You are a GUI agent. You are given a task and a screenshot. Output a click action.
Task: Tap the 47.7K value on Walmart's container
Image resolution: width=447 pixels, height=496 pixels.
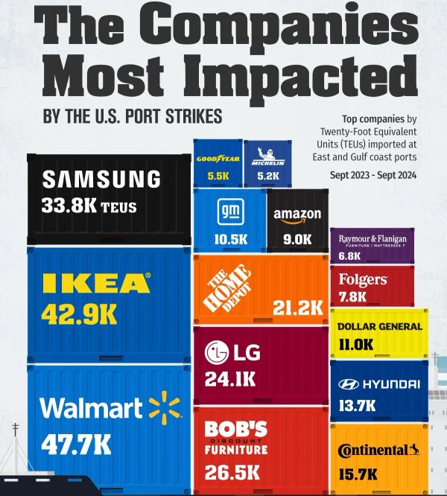coord(76,445)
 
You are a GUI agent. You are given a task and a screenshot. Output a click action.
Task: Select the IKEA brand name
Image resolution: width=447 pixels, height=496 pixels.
coord(97,283)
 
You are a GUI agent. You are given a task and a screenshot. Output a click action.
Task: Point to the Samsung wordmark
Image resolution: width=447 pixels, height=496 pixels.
coord(101,179)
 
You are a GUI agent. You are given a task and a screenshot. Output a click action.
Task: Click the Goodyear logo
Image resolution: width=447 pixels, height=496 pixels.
coord(217,159)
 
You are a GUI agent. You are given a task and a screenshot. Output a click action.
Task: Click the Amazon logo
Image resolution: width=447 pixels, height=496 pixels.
coord(297,215)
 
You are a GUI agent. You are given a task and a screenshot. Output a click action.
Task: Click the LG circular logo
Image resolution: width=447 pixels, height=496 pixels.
coord(217,352)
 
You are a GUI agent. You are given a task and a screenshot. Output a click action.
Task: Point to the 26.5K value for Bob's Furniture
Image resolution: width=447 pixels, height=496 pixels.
coord(232,471)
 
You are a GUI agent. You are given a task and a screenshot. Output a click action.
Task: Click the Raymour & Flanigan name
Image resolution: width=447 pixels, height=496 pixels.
coord(372,240)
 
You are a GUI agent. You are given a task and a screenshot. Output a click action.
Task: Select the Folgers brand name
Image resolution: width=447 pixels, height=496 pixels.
coord(363,279)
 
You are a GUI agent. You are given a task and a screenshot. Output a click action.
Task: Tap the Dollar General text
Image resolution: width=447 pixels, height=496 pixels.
coord(379,326)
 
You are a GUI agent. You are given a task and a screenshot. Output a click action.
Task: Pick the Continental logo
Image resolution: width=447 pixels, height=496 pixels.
coord(378,450)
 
